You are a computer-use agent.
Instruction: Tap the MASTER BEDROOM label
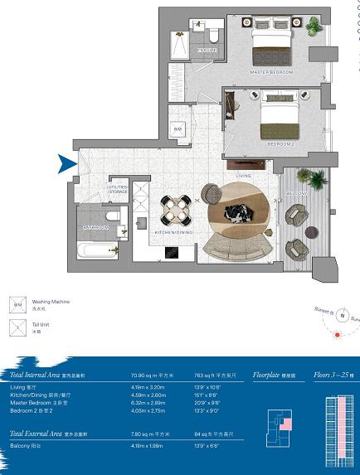271,73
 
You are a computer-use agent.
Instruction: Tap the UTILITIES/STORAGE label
117,190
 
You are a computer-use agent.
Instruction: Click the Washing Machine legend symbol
17,303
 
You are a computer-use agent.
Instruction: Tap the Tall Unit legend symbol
17,328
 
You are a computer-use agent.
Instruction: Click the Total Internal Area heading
39,375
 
